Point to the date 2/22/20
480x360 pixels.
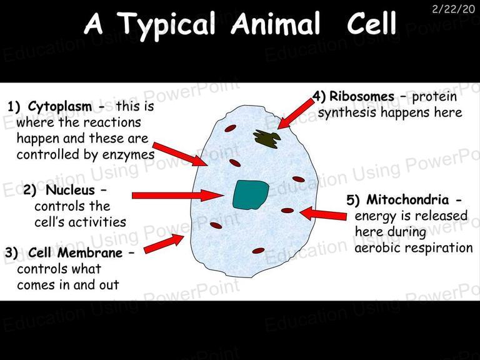[x=453, y=9]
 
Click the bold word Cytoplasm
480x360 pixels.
[x=60, y=107]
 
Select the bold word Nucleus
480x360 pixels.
[x=70, y=190]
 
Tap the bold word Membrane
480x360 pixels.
[x=90, y=253]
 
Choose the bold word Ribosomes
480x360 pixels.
[x=362, y=96]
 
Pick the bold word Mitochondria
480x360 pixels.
[x=407, y=199]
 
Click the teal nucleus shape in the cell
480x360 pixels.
[x=251, y=195]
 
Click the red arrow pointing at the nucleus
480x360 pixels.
[x=178, y=195]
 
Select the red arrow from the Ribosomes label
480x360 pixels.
[x=296, y=114]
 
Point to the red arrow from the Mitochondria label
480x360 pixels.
[x=323, y=214]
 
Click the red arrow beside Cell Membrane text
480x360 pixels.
[x=164, y=244]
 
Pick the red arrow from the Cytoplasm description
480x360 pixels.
[x=181, y=154]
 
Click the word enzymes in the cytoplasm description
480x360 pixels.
[x=128, y=154]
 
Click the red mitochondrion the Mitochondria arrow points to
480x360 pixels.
[x=287, y=211]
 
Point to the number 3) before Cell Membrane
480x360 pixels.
[x=12, y=253]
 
